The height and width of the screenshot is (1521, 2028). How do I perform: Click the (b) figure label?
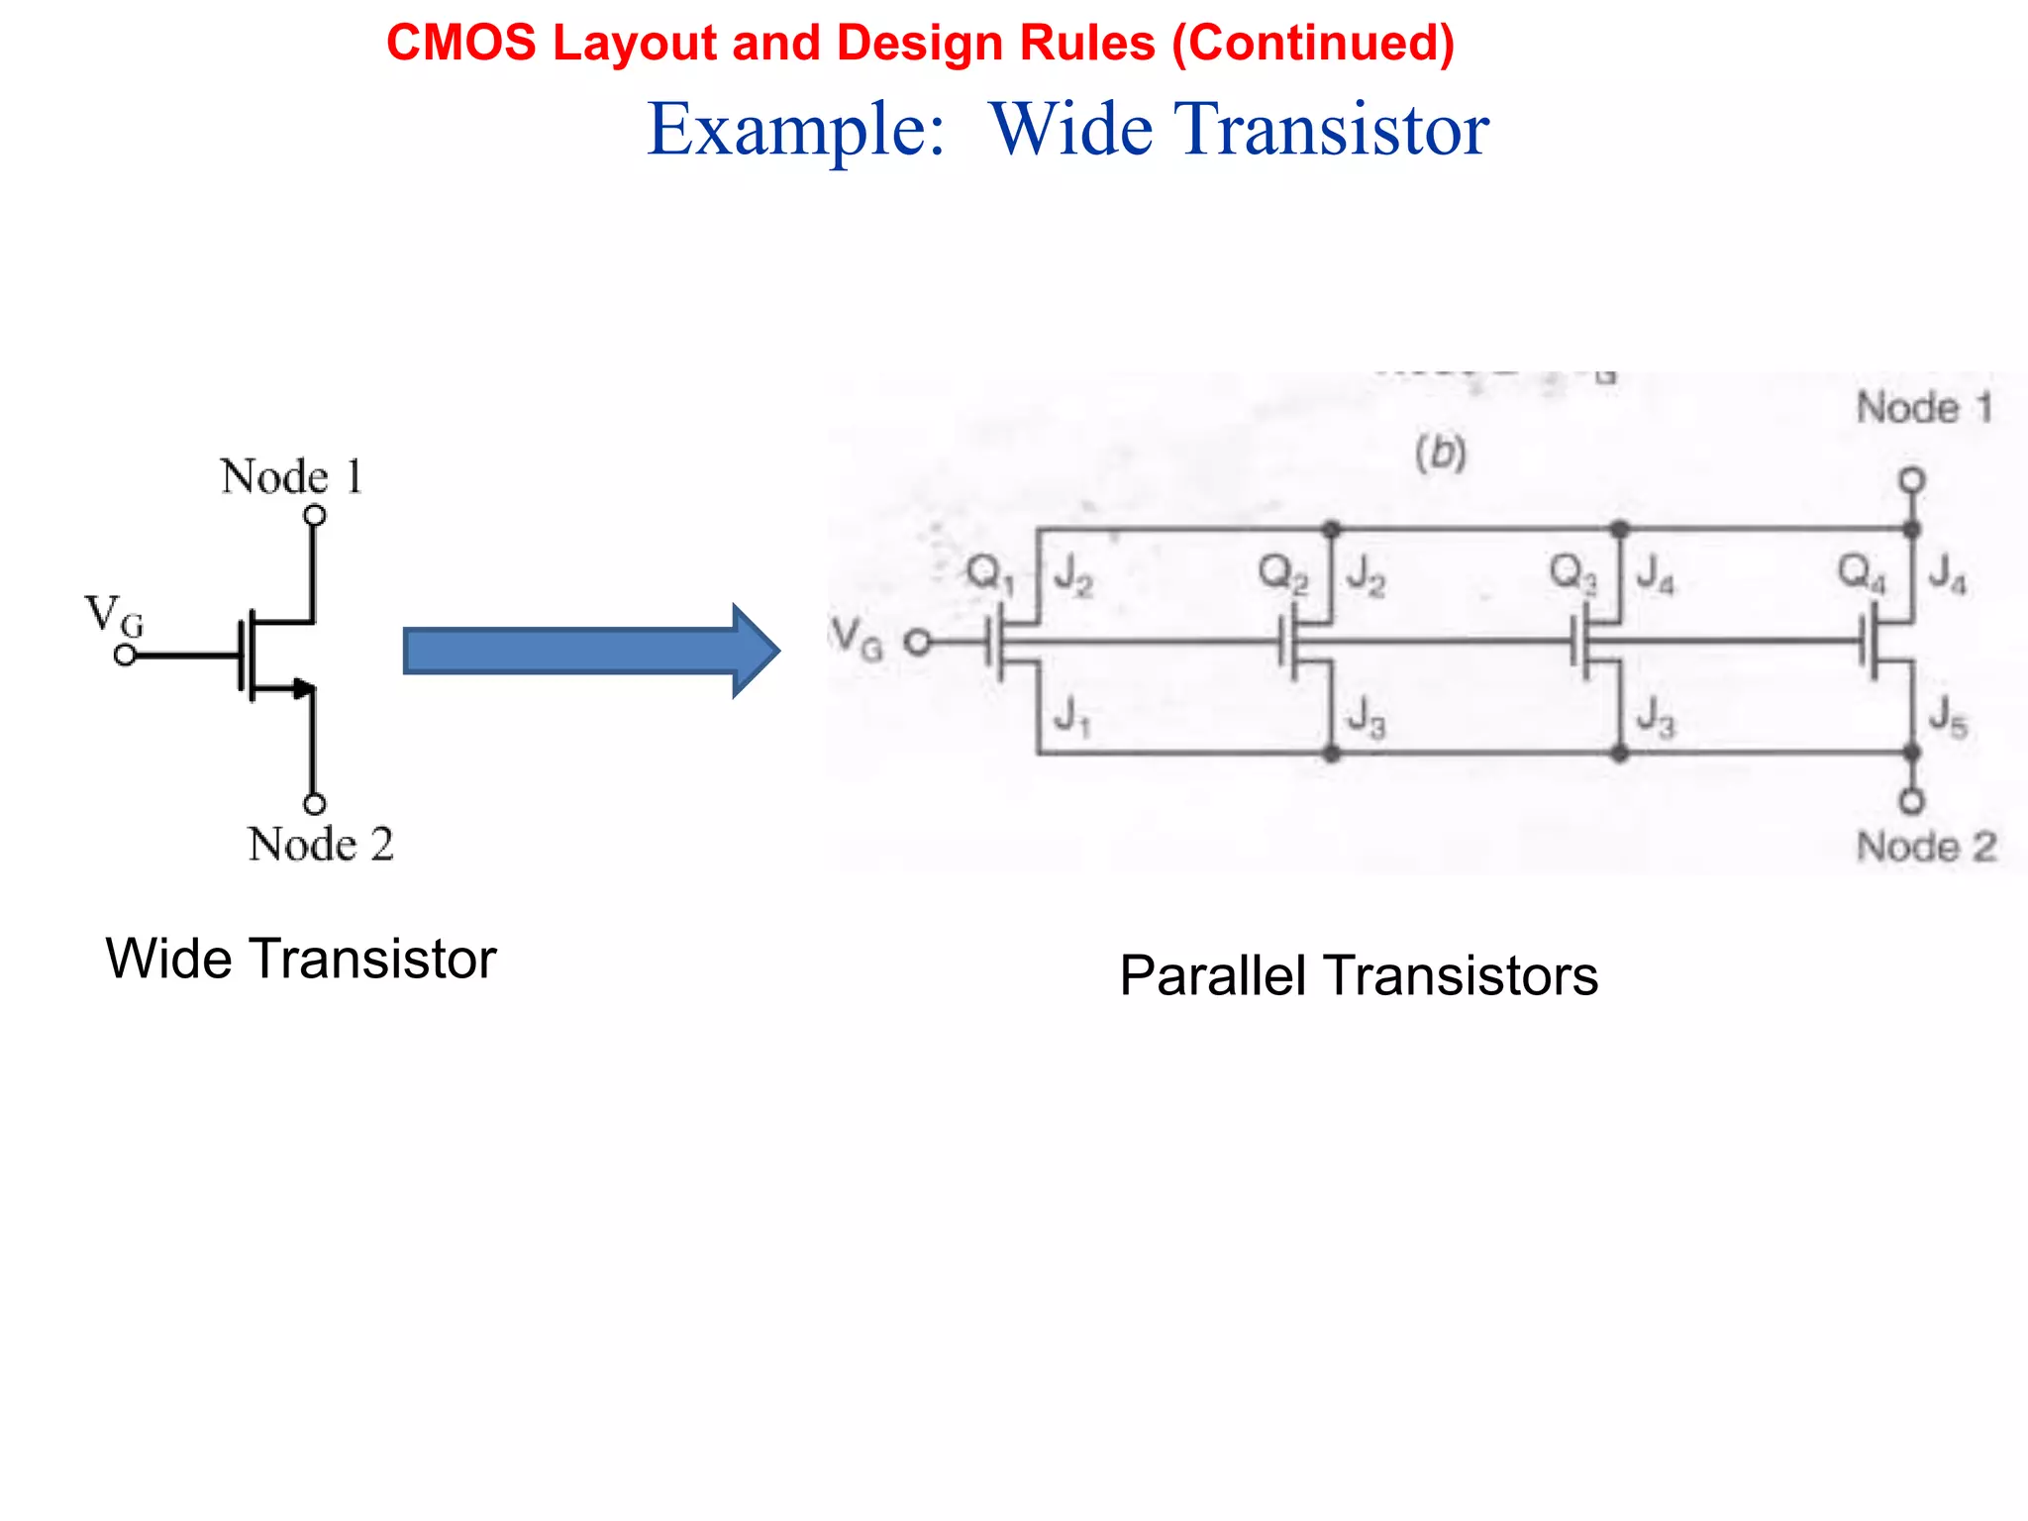[x=1441, y=454]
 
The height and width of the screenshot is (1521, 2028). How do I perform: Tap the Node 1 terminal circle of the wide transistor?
[x=314, y=515]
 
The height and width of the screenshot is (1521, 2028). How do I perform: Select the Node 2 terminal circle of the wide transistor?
[x=314, y=804]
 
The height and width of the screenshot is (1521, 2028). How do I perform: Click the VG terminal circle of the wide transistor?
[x=125, y=656]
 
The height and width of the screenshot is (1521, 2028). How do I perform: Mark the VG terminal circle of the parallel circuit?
[x=919, y=644]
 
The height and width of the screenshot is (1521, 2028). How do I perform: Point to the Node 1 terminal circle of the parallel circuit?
[x=1912, y=480]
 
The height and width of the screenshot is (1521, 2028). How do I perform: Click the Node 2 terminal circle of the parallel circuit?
[x=1912, y=801]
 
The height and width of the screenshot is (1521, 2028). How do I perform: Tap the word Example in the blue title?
[x=795, y=130]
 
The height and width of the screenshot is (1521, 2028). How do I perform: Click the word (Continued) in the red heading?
[x=1313, y=43]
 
